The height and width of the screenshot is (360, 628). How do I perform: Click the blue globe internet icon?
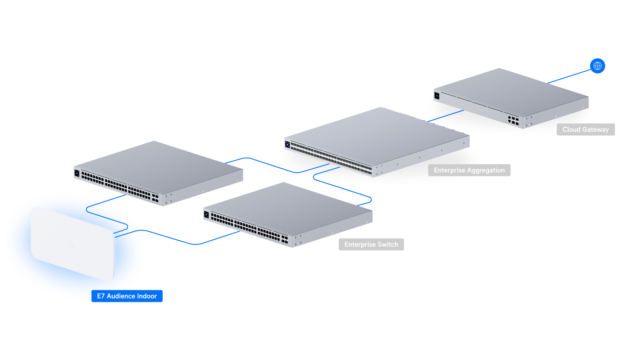coord(597,66)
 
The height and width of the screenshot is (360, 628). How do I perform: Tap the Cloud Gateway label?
coord(585,130)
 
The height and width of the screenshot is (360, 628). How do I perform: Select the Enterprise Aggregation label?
coord(469,170)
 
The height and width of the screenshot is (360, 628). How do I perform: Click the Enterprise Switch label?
coord(371,245)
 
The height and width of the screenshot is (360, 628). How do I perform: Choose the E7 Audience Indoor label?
coord(127,296)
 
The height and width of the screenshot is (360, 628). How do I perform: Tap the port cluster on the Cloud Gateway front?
coord(513,120)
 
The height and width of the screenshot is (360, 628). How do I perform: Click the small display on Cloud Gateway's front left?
coord(437,96)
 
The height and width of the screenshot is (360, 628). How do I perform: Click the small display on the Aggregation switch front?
coord(288,144)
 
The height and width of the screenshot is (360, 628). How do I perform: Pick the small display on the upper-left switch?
coord(77,173)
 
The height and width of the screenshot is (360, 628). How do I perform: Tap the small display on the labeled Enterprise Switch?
coord(206,215)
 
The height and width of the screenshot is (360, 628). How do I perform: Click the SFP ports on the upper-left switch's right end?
coord(155,198)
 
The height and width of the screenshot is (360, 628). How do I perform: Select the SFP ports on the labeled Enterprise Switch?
coord(285,239)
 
